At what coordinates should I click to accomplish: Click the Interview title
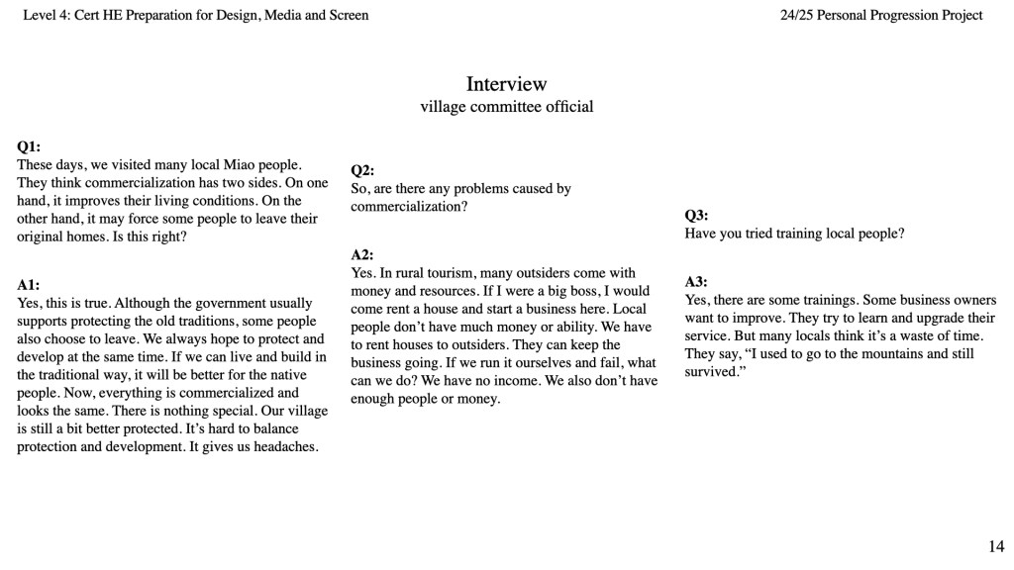(x=506, y=84)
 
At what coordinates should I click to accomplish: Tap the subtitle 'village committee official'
(x=506, y=107)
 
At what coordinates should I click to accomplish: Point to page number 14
(x=996, y=545)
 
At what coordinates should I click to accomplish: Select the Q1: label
(x=29, y=146)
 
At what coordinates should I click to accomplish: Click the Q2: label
(x=362, y=170)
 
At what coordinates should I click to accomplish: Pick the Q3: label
(x=696, y=216)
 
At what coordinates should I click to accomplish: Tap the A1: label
(x=29, y=285)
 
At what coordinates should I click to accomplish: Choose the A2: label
(x=362, y=255)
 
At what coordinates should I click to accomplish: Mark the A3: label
(x=696, y=282)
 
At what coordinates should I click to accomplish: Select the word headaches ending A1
(x=285, y=446)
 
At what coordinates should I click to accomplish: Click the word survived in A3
(x=710, y=372)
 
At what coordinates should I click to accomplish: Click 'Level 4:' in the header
(x=47, y=15)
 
